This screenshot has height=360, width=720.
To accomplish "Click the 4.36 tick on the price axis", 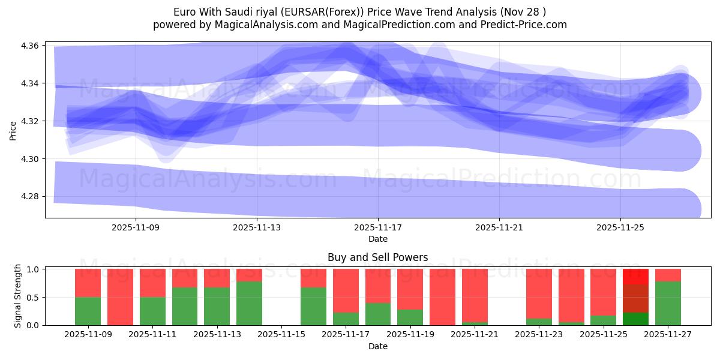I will click(x=31, y=46).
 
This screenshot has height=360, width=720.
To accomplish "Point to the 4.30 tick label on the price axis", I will click(x=31, y=159).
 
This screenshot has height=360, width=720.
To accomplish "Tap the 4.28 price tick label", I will click(x=31, y=197).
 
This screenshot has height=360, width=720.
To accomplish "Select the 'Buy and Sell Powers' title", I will click(x=378, y=257).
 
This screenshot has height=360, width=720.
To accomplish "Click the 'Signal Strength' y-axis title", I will click(x=18, y=296).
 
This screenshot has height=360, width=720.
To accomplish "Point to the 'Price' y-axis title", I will click(x=13, y=130).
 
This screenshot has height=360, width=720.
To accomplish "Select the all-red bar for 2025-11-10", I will click(x=120, y=297).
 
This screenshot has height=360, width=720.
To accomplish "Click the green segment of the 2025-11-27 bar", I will click(x=668, y=304).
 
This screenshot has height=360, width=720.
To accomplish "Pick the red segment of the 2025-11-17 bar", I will click(x=346, y=290).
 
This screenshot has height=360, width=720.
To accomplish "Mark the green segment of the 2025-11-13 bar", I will click(x=217, y=307).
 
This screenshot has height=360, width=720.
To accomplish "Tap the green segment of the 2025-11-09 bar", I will click(x=88, y=311).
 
